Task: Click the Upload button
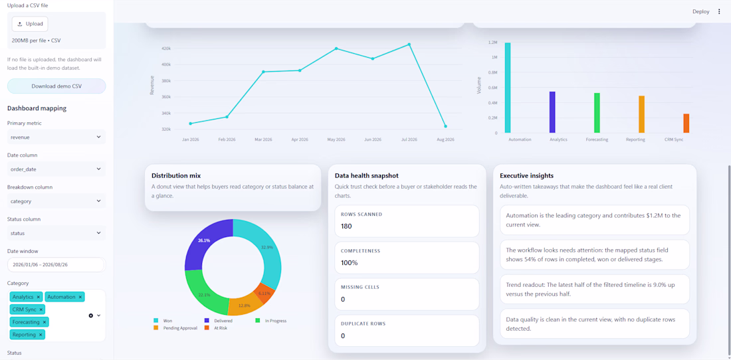pos(30,24)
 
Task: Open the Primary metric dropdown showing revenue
pos(56,137)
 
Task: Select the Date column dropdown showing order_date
pos(56,169)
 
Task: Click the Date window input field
pos(56,264)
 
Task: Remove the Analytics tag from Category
pos(39,297)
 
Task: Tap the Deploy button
pos(700,12)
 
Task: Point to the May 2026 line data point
pos(336,48)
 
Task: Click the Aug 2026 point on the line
pos(446,126)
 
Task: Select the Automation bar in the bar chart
pos(508,88)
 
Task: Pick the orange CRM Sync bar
pos(686,124)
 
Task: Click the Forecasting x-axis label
pos(597,139)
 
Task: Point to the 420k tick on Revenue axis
pos(165,48)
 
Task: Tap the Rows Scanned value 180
pos(346,226)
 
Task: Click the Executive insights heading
pos(527,175)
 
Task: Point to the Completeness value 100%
pos(349,262)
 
